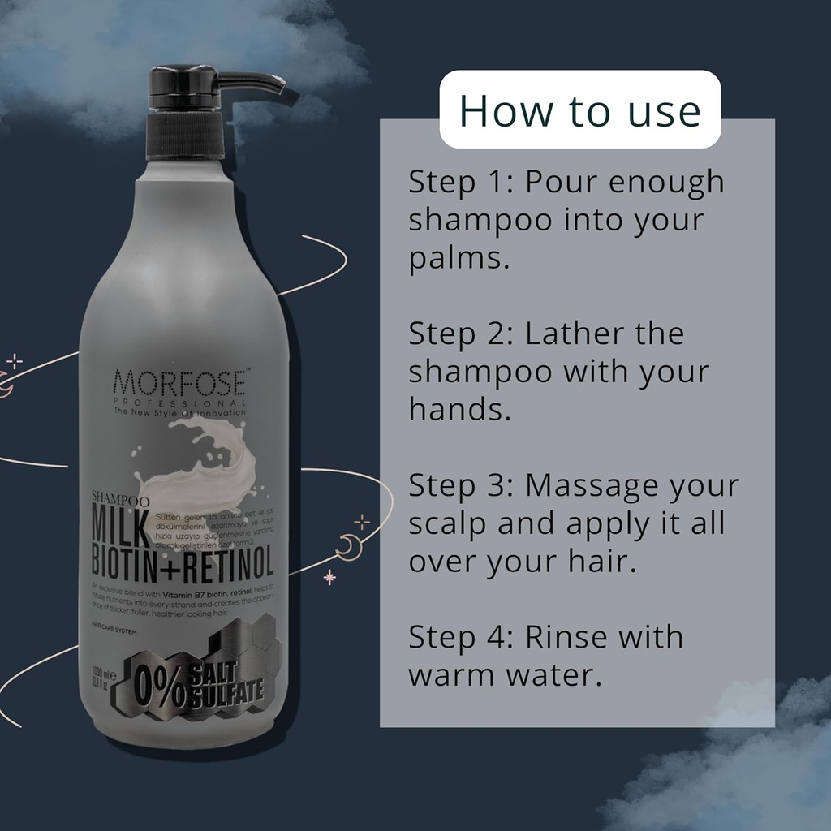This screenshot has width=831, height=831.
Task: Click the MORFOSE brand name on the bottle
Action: coord(180,382)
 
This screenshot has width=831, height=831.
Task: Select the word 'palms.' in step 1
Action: coord(459,260)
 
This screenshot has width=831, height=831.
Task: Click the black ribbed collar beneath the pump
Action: coord(184,134)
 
